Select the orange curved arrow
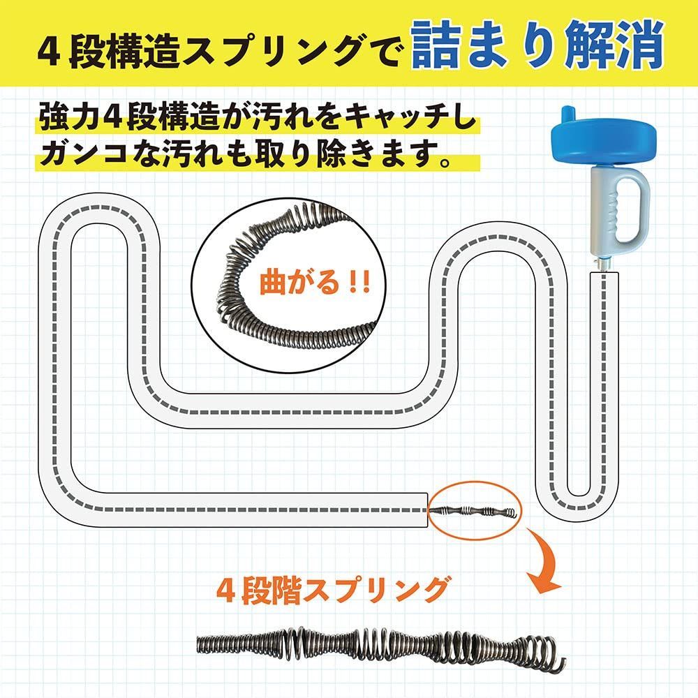click(x=542, y=562)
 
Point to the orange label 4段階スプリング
click(x=332, y=591)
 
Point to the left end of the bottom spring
click(x=199, y=644)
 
